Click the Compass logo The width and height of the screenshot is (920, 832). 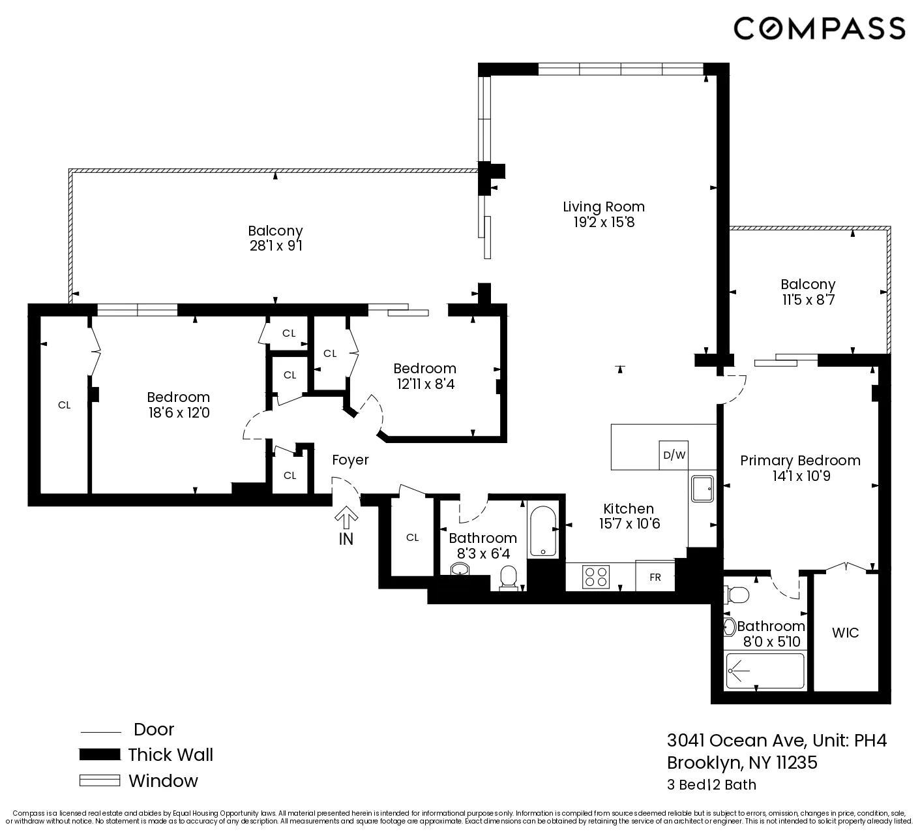[x=819, y=28]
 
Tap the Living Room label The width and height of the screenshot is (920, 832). [x=604, y=207]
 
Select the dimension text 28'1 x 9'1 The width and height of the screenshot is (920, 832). [x=275, y=247]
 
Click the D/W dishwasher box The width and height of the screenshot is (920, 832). [x=674, y=455]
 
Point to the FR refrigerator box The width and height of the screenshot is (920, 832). [x=655, y=577]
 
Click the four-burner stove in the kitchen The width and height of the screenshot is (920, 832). [x=596, y=578]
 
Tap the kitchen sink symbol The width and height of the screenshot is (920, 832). [x=703, y=488]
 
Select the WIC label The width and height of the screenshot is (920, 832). [x=845, y=632]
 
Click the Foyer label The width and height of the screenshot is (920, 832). [x=350, y=460]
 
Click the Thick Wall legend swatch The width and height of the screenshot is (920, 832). [x=100, y=755]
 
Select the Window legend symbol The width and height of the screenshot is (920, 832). [x=100, y=780]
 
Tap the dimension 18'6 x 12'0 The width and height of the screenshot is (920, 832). [x=178, y=413]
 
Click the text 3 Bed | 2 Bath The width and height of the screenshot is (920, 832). [x=711, y=784]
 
